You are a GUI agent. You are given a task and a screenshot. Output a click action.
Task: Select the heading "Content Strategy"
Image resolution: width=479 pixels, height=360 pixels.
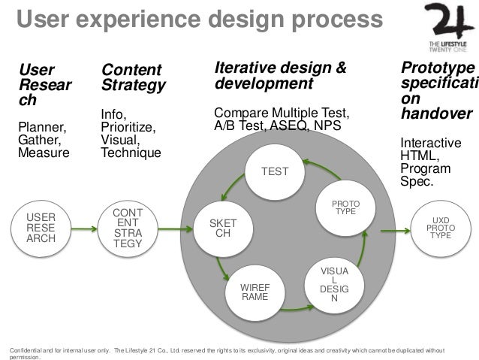133,78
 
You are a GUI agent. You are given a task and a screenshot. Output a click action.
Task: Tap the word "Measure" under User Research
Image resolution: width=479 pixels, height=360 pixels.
43,153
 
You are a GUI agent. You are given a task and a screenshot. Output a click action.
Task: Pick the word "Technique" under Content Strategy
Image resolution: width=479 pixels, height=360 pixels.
131,153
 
